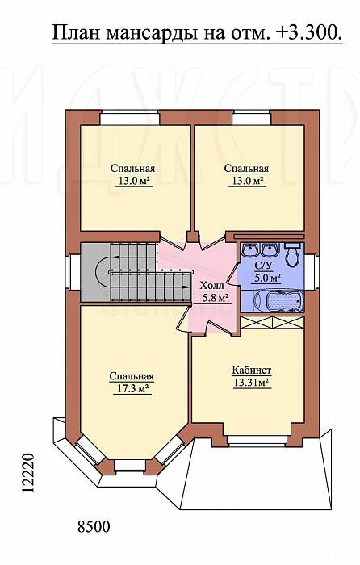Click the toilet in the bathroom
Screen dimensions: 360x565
[292, 254]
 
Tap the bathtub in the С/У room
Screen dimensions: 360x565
[277, 300]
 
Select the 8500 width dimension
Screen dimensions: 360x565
[94, 527]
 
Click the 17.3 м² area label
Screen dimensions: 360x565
[132, 389]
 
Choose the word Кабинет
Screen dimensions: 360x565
[252, 370]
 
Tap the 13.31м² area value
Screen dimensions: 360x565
[252, 383]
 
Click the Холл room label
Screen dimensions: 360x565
[212, 286]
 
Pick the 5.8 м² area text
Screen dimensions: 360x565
[216, 299]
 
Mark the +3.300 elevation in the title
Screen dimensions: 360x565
[309, 33]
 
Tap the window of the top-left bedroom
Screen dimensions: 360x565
[129, 118]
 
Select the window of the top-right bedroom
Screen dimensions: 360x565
[251, 118]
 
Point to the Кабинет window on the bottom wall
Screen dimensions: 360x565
[257, 441]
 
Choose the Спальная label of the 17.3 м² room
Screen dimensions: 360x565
[132, 376]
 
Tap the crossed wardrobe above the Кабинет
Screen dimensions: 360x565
[272, 322]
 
